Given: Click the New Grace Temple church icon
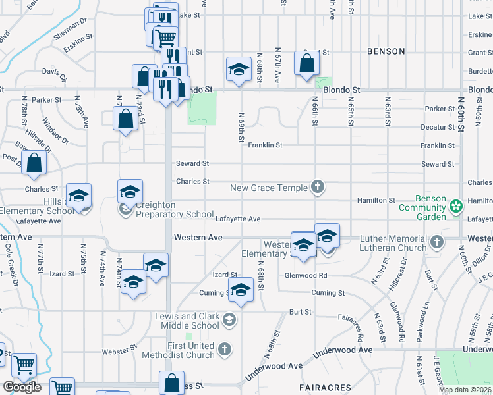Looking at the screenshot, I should tap(318, 188).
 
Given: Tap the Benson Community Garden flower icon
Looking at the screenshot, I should tap(455, 207).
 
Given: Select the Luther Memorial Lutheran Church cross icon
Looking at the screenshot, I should tap(436, 242).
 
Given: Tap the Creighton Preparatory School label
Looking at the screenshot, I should tap(165, 209).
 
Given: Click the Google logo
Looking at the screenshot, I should tap(22, 386).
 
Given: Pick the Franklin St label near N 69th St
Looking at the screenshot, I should tap(265, 145).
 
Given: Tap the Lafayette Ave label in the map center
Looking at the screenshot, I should tap(237, 219).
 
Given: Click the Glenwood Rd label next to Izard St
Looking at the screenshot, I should tap(306, 276).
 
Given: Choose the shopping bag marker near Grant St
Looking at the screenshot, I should tap(307, 64).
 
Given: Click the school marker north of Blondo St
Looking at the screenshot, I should tap(239, 70).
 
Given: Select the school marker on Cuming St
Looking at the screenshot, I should tap(241, 290).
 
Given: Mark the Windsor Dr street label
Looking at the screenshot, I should tap(55, 130).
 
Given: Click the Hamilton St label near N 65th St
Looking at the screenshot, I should tap(376, 200).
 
